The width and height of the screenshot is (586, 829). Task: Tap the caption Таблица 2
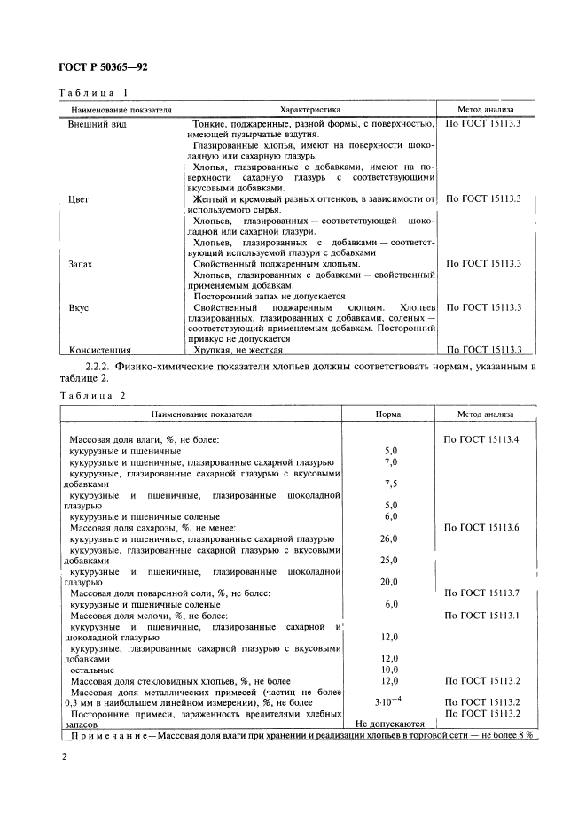[93, 396]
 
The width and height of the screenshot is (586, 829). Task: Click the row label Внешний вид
[98, 124]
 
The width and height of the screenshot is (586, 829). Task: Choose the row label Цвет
[79, 199]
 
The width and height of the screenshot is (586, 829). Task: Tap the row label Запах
[82, 264]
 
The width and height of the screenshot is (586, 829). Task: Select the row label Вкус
[79, 307]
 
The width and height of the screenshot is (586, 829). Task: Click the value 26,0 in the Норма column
[389, 538]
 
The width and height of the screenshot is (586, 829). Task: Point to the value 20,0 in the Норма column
[389, 582]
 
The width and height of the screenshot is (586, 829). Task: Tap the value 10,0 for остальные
[389, 669]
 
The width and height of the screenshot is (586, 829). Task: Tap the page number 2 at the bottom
[63, 757]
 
